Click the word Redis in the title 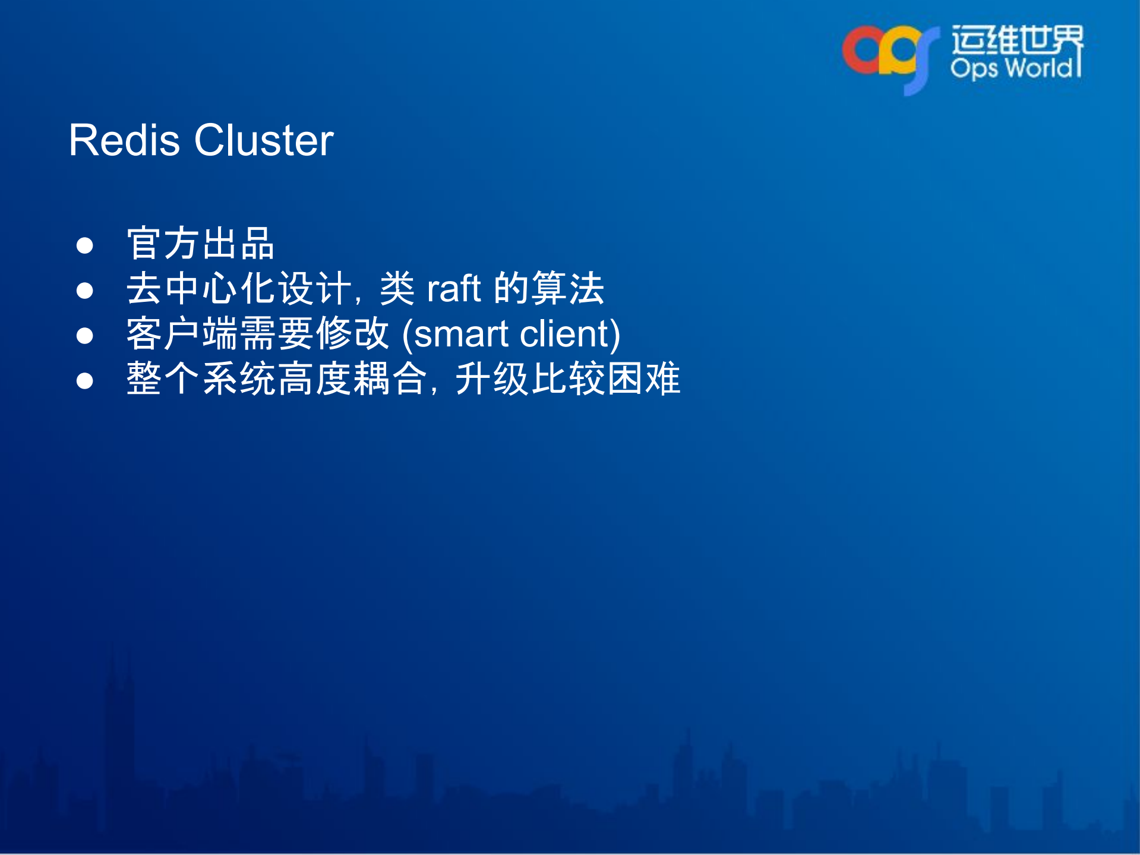pyautogui.click(x=124, y=141)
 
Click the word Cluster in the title pyautogui.click(x=264, y=141)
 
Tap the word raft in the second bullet pyautogui.click(x=453, y=289)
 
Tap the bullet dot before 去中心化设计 pyautogui.click(x=85, y=291)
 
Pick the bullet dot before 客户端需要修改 pyautogui.click(x=85, y=336)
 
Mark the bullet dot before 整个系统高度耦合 pyautogui.click(x=85, y=381)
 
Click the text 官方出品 pyautogui.click(x=200, y=244)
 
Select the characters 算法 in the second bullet pyautogui.click(x=568, y=289)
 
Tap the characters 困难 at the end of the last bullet pyautogui.click(x=644, y=379)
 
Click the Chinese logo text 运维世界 pyautogui.click(x=1017, y=40)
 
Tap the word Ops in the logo pyautogui.click(x=974, y=68)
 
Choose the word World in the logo pyautogui.click(x=1040, y=68)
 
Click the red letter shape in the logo pyautogui.click(x=859, y=51)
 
